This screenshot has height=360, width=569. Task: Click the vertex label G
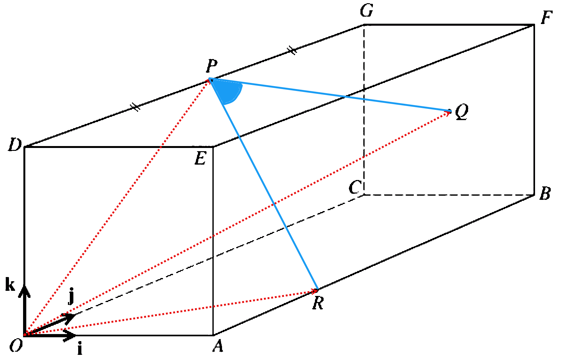pyautogui.click(x=367, y=11)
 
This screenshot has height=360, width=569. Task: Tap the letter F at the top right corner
pyautogui.click(x=547, y=18)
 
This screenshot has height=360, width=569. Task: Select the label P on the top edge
pyautogui.click(x=212, y=66)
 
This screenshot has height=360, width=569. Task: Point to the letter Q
pyautogui.click(x=462, y=111)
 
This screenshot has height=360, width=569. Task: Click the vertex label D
pyautogui.click(x=15, y=145)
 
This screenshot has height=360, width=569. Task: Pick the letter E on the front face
pyautogui.click(x=201, y=158)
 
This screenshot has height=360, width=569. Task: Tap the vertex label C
pyautogui.click(x=355, y=187)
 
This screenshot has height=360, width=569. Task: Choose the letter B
pyautogui.click(x=545, y=194)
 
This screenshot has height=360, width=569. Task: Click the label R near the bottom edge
pyautogui.click(x=318, y=303)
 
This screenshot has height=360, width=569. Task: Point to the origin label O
pyautogui.click(x=16, y=346)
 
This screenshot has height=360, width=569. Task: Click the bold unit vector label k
pyautogui.click(x=10, y=285)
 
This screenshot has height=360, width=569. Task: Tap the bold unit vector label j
pyautogui.click(x=71, y=296)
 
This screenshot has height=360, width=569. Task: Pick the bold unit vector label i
pyautogui.click(x=80, y=349)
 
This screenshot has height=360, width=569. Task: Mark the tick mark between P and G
pyautogui.click(x=292, y=50)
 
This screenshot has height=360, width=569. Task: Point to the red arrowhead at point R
pyautogui.click(x=314, y=291)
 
